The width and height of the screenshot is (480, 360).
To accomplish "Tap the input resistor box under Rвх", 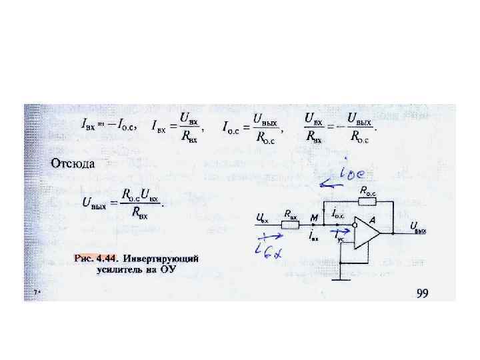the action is coord(291,225).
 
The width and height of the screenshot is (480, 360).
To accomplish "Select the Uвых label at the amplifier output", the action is coord(419,229).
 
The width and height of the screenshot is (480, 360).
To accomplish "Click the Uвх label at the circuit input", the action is coord(263,217).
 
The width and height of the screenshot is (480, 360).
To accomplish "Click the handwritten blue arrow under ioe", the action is coord(334,183).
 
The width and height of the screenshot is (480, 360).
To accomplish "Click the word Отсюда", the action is coord(73,163).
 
